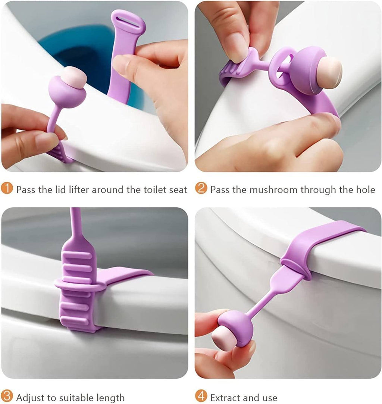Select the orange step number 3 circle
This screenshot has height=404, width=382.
(x=7, y=397)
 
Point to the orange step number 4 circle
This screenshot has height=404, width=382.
(x=201, y=397)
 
